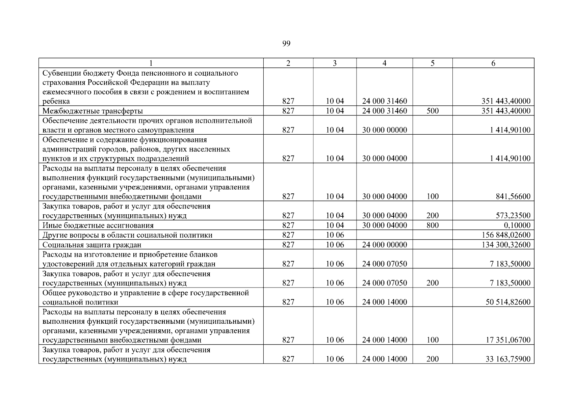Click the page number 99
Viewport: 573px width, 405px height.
[x=286, y=44]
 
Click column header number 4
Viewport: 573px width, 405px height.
[x=384, y=63]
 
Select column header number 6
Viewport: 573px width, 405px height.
[x=493, y=63]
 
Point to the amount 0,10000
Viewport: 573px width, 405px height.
[x=517, y=225]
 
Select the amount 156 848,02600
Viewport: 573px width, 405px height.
[x=506, y=235]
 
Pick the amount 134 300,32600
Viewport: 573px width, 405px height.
[x=506, y=245]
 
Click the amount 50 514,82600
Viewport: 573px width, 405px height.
[x=508, y=302]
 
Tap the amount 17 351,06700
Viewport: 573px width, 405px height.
[x=508, y=340]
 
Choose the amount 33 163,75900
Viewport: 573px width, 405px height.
[x=508, y=359]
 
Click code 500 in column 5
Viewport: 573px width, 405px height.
[x=432, y=111]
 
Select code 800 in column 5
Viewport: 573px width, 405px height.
[x=432, y=225]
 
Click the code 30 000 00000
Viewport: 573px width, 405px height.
[x=385, y=130]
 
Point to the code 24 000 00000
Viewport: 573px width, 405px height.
[x=385, y=245]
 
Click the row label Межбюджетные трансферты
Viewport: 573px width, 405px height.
[x=93, y=111]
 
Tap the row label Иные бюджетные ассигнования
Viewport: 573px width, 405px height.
[x=98, y=225]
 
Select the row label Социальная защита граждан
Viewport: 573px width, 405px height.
[x=92, y=245]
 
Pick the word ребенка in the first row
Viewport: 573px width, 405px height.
[x=56, y=101]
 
